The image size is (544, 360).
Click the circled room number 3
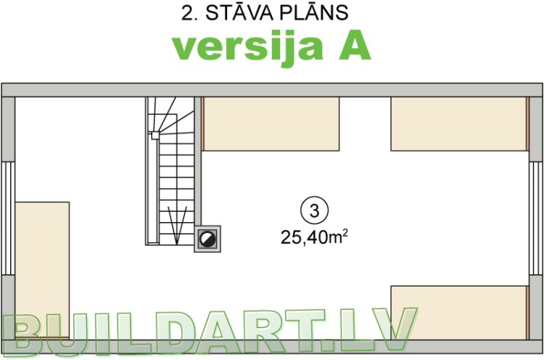click(x=314, y=211)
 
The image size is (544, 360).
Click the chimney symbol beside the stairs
click(x=208, y=239)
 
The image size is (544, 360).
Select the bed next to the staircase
click(x=271, y=124)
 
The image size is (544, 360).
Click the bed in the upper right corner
click(x=458, y=124)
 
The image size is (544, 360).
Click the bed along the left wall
click(x=42, y=269)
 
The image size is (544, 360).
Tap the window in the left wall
click(x=8, y=217)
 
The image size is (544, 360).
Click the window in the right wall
click(x=536, y=217)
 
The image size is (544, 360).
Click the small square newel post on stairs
click(x=154, y=134)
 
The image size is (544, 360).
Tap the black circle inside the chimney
click(x=208, y=239)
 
